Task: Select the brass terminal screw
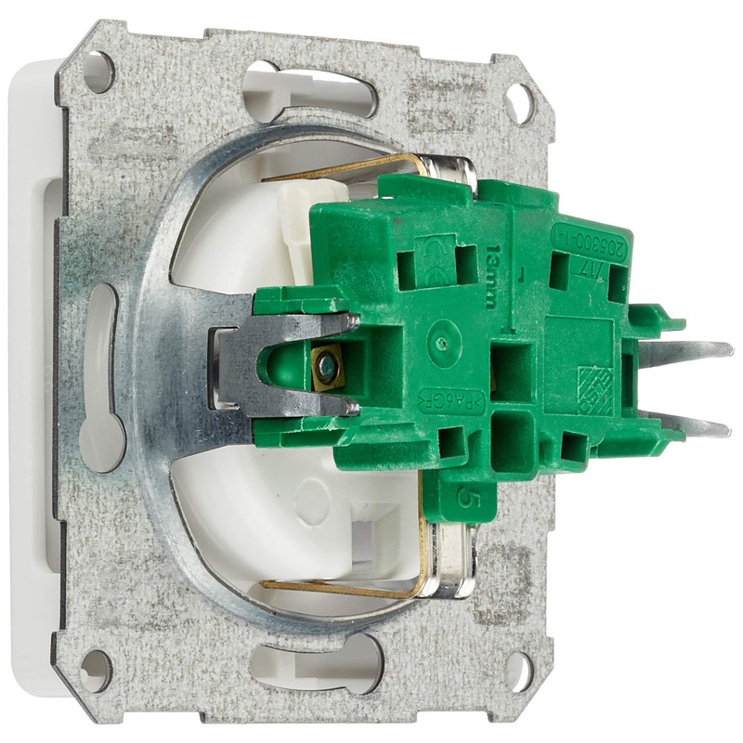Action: (327, 370)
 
